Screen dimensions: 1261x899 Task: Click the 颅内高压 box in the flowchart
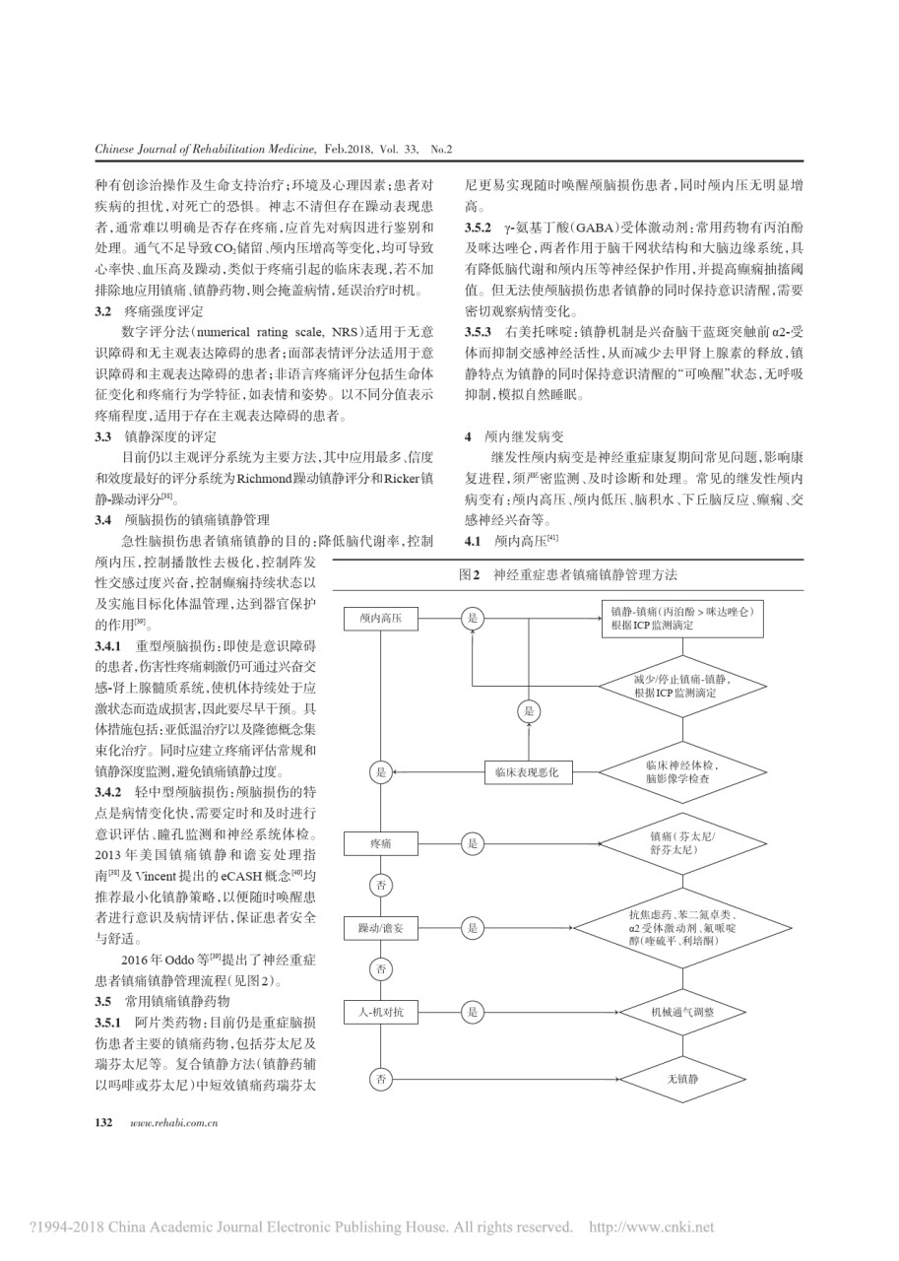[x=381, y=618]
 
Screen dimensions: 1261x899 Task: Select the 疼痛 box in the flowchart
[x=381, y=843]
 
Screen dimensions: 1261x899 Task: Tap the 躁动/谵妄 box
[x=381, y=928]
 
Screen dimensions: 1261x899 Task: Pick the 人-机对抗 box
[x=381, y=1011]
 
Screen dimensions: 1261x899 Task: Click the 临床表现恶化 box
[x=527, y=773]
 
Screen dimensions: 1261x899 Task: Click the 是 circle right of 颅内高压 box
[x=473, y=618]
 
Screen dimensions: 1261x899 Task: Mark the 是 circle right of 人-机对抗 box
[x=473, y=1011]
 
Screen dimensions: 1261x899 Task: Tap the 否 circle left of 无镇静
[x=381, y=1081]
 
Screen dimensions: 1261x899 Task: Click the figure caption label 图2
[x=469, y=573]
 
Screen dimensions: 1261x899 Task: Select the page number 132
[x=104, y=1122]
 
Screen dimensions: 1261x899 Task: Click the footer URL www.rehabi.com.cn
[x=173, y=1122]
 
